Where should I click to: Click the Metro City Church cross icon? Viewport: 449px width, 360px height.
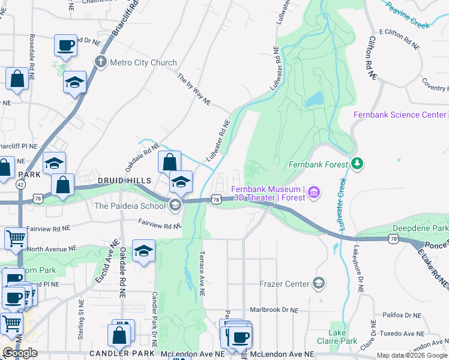[100, 62]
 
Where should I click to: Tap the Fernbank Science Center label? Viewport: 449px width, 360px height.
[399, 115]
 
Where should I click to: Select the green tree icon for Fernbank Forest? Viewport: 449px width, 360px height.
[357, 163]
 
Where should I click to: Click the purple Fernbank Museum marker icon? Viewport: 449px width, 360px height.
[313, 193]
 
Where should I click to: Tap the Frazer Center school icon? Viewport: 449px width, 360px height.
[319, 283]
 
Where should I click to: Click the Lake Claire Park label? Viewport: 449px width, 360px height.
[343, 337]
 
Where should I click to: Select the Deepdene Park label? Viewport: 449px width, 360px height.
[420, 229]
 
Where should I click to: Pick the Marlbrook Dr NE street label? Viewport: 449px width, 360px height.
[274, 310]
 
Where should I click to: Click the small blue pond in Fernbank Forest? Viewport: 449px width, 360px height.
[314, 99]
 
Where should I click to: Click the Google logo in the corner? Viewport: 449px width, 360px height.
[20, 353]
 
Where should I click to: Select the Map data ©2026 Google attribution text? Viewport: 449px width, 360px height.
[412, 355]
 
